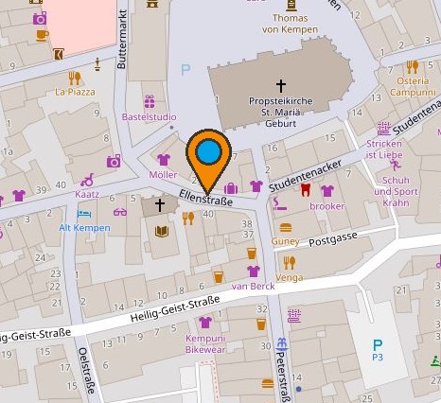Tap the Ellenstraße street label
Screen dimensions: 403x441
tap(205, 200)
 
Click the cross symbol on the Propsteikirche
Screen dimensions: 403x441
tap(280, 85)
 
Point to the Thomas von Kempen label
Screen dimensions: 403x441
tap(290, 24)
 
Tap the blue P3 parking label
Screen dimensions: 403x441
tap(377, 357)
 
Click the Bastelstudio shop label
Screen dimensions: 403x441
tap(149, 117)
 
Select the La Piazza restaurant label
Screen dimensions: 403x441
tap(75, 93)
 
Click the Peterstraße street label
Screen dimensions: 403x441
tap(283, 364)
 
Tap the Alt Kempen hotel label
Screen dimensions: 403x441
tap(79, 229)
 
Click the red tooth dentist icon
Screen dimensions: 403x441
tap(306, 189)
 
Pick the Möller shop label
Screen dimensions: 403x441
tap(164, 175)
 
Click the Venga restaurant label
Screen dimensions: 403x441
tap(290, 279)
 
